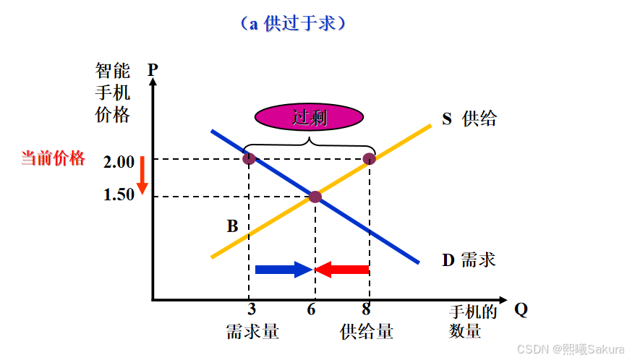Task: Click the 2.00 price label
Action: pos(119,162)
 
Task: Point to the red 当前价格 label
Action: pos(53,159)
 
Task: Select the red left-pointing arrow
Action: pos(343,270)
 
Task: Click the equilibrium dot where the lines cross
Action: pos(315,197)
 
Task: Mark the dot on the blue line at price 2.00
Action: pos(249,158)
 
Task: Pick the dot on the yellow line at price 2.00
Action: pos(370,158)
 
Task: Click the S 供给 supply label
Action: pos(469,119)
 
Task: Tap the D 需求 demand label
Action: pos(469,260)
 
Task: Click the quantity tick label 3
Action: pos(252,309)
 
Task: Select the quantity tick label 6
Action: pos(311,309)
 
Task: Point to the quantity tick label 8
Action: pos(367,309)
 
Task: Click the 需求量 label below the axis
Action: pos(252,332)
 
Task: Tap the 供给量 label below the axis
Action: pos(367,332)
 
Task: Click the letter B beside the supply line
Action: pos(232,226)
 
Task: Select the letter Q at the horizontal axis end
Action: pos(521,309)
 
